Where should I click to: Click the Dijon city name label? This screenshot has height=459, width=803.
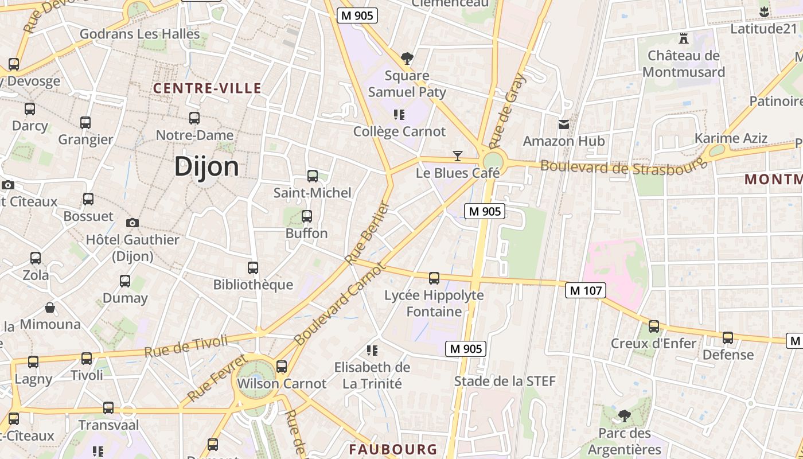(206, 166)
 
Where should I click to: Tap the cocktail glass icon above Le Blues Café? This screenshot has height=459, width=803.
(457, 155)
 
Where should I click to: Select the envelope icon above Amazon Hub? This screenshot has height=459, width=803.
(564, 124)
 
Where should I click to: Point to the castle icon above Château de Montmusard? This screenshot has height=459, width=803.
(683, 38)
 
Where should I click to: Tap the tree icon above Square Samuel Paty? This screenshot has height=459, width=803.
(407, 58)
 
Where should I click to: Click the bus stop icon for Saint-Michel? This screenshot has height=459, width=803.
(313, 176)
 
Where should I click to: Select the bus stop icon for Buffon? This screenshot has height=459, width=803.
(307, 216)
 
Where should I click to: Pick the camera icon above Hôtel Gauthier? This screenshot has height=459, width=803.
(132, 223)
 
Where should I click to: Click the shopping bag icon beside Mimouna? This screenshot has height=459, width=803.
(50, 308)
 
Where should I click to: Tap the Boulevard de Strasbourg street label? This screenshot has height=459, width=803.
(624, 166)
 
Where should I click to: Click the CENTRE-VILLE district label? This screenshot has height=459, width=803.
(207, 88)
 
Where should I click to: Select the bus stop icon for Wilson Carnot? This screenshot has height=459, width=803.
(281, 367)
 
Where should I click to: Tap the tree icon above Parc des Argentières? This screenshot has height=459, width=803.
(625, 415)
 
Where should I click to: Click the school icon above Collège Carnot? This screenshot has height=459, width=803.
(399, 115)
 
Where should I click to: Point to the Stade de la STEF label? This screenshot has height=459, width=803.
(505, 381)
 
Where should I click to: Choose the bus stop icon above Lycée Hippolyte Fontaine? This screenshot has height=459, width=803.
(434, 278)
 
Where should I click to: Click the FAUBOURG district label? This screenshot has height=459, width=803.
(393, 449)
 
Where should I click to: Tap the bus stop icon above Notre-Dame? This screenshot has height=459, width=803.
(194, 118)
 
